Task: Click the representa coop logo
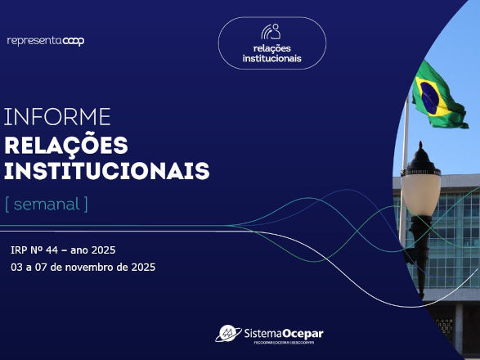[x=45, y=40]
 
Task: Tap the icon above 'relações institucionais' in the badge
[x=271, y=31]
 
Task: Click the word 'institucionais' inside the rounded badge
[x=271, y=58]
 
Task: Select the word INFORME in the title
[x=57, y=117]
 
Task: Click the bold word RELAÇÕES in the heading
[x=66, y=146]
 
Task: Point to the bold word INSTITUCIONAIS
[x=107, y=172]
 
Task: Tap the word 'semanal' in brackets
[x=47, y=204]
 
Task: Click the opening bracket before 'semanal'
[x=7, y=204]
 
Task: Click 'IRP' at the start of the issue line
[x=20, y=249]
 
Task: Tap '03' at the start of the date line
[x=16, y=268]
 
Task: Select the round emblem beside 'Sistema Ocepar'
[x=228, y=333]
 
